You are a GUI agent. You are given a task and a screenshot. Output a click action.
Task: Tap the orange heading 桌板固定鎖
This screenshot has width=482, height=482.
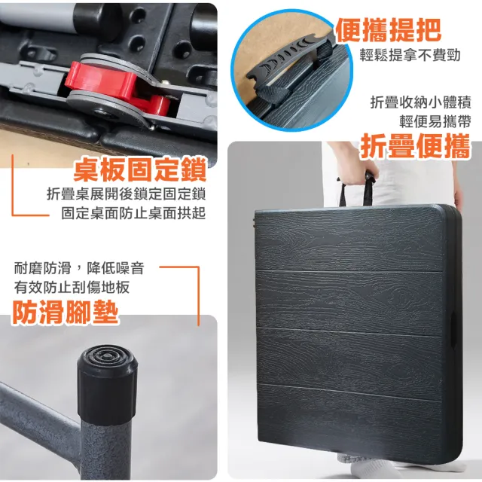(x=140, y=169)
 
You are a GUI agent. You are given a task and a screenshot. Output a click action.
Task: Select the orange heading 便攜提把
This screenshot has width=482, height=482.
(x=389, y=30)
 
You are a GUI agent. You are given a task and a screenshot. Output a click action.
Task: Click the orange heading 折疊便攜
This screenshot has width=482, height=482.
(x=415, y=146)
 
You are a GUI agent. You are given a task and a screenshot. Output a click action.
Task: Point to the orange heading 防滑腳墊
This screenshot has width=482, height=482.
(x=66, y=312)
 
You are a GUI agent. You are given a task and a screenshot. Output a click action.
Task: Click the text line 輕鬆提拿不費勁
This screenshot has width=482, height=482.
(x=410, y=56)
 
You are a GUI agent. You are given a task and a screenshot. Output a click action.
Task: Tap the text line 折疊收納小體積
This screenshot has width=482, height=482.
(x=420, y=102)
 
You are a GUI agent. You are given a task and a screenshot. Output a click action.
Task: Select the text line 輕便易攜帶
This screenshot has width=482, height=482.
(x=435, y=122)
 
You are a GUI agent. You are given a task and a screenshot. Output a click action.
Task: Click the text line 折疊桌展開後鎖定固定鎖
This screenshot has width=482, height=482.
(x=126, y=194)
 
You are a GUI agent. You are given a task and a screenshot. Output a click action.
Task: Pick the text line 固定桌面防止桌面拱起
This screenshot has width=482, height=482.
(x=133, y=213)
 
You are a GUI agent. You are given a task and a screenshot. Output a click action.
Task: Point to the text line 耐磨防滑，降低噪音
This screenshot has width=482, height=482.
(x=79, y=268)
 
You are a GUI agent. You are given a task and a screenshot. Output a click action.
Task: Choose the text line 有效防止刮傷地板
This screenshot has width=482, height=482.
(x=72, y=288)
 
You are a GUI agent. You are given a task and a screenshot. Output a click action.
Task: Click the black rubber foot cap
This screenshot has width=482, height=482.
(x=107, y=380)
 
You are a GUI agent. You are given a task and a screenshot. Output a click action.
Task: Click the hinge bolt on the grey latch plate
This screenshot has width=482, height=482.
(x=102, y=111)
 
